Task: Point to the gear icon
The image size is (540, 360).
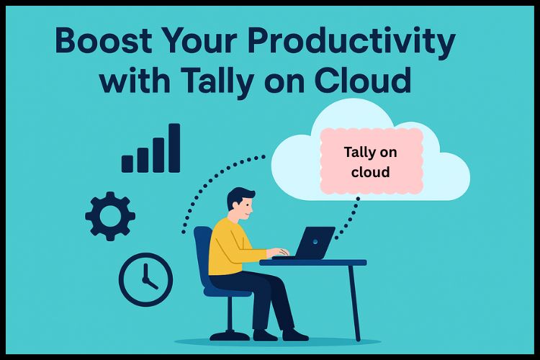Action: (109, 216)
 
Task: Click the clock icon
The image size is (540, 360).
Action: (145, 279)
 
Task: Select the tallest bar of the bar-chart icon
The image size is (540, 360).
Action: (174, 148)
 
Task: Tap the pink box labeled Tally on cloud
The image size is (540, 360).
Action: (371, 162)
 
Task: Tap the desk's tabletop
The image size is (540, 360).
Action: (313, 262)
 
